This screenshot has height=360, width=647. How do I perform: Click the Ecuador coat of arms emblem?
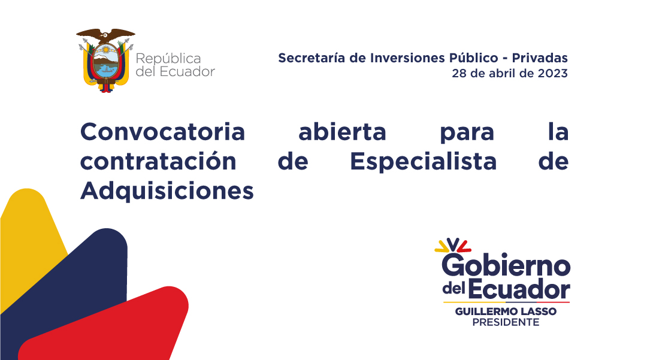[x=106, y=60]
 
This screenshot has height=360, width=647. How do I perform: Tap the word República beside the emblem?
[x=168, y=59]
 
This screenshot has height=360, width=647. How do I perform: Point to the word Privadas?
[x=540, y=58]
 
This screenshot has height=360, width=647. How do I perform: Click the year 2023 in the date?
[x=552, y=73]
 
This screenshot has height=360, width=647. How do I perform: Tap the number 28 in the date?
[x=459, y=73]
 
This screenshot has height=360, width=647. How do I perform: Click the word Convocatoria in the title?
[x=162, y=132]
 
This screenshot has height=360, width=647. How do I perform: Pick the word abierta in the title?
[x=342, y=132]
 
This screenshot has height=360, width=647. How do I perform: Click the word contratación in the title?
[x=158, y=161]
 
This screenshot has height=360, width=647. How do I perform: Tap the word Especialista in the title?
[x=424, y=161]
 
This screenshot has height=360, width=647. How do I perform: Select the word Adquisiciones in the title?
[x=167, y=191]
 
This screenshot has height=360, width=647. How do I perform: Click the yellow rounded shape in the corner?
[x=29, y=231]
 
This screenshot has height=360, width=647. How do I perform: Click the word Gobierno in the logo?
[x=506, y=265]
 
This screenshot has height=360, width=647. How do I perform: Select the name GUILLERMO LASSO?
[x=506, y=311]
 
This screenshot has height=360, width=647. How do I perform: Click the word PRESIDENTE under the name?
[x=506, y=322]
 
